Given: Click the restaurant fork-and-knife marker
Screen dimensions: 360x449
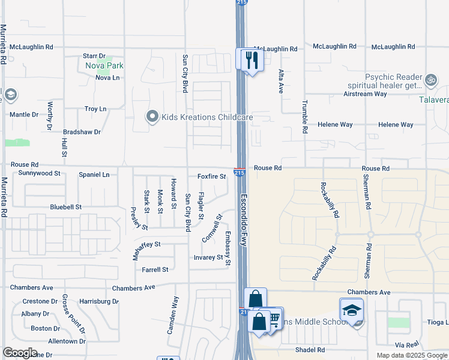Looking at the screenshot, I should [250, 59].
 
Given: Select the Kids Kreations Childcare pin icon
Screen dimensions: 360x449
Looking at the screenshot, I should [152, 117].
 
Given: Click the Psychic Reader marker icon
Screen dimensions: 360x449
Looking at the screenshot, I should [430, 79].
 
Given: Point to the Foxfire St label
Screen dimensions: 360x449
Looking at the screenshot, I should [211, 176].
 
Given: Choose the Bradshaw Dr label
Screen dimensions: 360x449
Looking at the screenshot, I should [82, 131].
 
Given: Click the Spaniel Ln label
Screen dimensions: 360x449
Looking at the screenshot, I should [94, 175].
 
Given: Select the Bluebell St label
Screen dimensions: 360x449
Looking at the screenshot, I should [65, 207].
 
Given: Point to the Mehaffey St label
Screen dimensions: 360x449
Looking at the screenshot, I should [147, 244].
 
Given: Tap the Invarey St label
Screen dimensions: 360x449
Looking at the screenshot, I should [208, 257].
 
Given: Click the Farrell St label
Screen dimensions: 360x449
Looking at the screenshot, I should [155, 270].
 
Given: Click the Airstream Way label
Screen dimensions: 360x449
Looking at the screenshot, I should [365, 94].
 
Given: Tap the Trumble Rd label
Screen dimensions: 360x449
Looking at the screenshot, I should [305, 116].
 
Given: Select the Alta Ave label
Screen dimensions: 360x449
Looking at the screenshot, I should [280, 81].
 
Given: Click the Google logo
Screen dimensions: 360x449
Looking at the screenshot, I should [20, 353].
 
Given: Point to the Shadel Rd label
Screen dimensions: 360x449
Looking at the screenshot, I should [310, 350].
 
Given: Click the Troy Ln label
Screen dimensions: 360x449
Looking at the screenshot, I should [95, 109].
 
